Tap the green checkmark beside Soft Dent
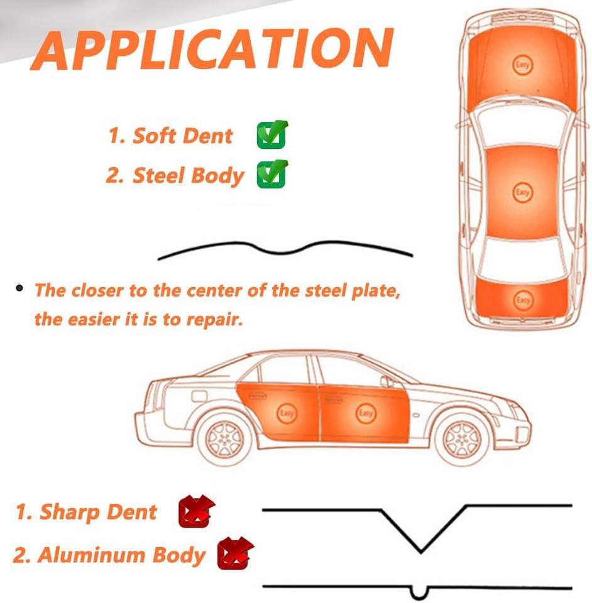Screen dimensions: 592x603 pyautogui.click(x=272, y=134)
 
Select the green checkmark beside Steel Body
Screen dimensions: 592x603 pyautogui.click(x=272, y=174)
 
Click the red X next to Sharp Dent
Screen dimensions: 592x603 pyautogui.click(x=196, y=511)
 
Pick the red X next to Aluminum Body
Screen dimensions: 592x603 pyautogui.click(x=235, y=553)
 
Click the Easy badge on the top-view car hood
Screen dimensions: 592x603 pyautogui.click(x=522, y=65)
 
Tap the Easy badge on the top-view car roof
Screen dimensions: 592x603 pyautogui.click(x=522, y=192)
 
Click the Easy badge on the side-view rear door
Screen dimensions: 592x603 pyautogui.click(x=286, y=413)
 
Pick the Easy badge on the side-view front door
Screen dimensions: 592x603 pyautogui.click(x=365, y=413)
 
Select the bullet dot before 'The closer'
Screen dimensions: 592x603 pyautogui.click(x=20, y=288)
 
